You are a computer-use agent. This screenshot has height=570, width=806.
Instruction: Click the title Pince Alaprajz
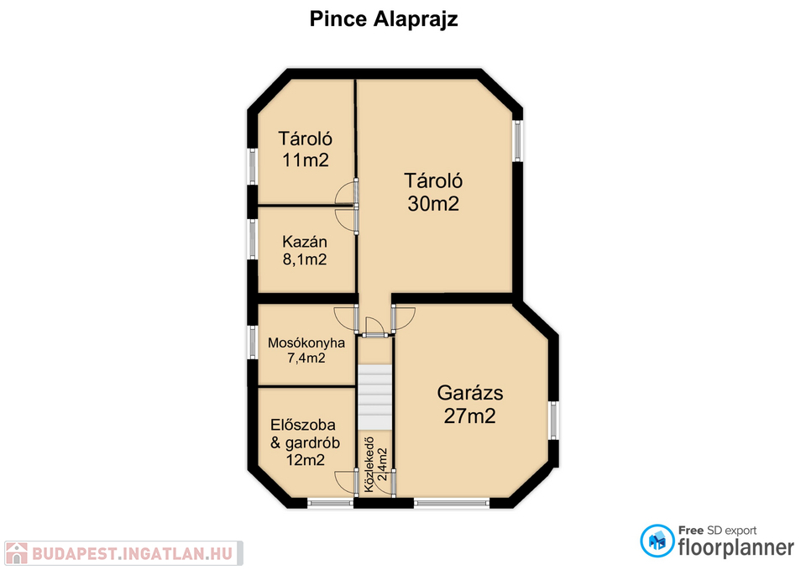coord(384,19)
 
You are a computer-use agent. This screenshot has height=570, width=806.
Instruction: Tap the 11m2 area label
coord(306,160)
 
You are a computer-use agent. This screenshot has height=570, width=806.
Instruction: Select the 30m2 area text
coord(433,203)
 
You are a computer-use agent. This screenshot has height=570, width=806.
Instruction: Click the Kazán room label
coord(305,242)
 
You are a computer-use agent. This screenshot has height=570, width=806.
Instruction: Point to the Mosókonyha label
coord(306,343)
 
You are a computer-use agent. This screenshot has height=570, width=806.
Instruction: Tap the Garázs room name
coord(470,393)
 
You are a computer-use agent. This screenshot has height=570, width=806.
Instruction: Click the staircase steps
coord(375,397)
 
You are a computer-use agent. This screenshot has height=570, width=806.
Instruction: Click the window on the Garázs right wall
coord(553,421)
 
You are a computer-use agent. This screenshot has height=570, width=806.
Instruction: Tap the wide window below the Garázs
coord(452,503)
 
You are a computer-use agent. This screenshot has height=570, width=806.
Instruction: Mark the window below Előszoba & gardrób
coord(331,503)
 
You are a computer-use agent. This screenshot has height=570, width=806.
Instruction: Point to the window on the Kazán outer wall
coord(253,239)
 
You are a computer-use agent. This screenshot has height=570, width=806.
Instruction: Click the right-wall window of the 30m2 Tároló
coord(518,141)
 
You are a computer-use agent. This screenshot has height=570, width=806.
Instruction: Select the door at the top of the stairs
coord(374,327)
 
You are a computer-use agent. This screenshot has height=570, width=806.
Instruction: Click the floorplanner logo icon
coord(657,541)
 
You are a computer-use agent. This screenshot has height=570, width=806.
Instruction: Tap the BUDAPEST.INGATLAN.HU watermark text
coord(133,553)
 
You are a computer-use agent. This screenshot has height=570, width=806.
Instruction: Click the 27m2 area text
coord(470,416)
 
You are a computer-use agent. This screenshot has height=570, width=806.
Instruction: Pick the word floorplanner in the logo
coord(736,547)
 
